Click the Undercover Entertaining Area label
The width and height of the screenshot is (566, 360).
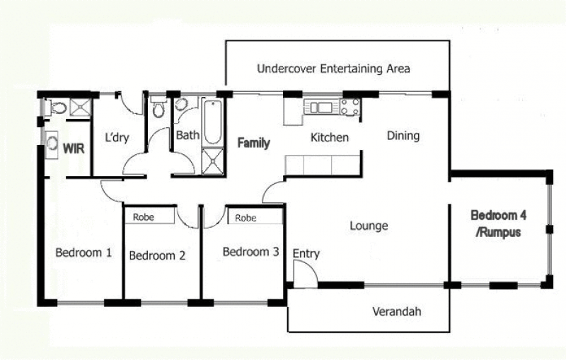[333, 69]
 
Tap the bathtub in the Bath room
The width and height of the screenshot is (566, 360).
[213, 122]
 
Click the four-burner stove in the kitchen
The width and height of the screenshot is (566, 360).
[350, 107]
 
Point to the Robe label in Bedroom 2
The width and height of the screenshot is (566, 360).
[144, 217]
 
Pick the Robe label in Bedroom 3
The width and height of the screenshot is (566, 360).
[246, 218]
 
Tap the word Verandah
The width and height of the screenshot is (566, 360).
[397, 311]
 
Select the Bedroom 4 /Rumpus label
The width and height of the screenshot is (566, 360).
[499, 223]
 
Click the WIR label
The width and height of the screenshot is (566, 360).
[74, 149]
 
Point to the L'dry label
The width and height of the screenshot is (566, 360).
[117, 137]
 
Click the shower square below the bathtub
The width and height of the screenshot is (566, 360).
[213, 161]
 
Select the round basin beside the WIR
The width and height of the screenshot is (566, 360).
[52, 144]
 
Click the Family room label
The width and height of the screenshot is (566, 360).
[254, 143]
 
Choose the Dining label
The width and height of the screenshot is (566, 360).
[403, 136]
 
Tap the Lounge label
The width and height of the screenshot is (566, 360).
[369, 226]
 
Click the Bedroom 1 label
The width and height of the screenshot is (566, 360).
[83, 252]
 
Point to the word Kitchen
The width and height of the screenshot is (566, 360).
[330, 137]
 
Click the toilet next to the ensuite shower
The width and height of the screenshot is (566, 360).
[58, 108]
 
